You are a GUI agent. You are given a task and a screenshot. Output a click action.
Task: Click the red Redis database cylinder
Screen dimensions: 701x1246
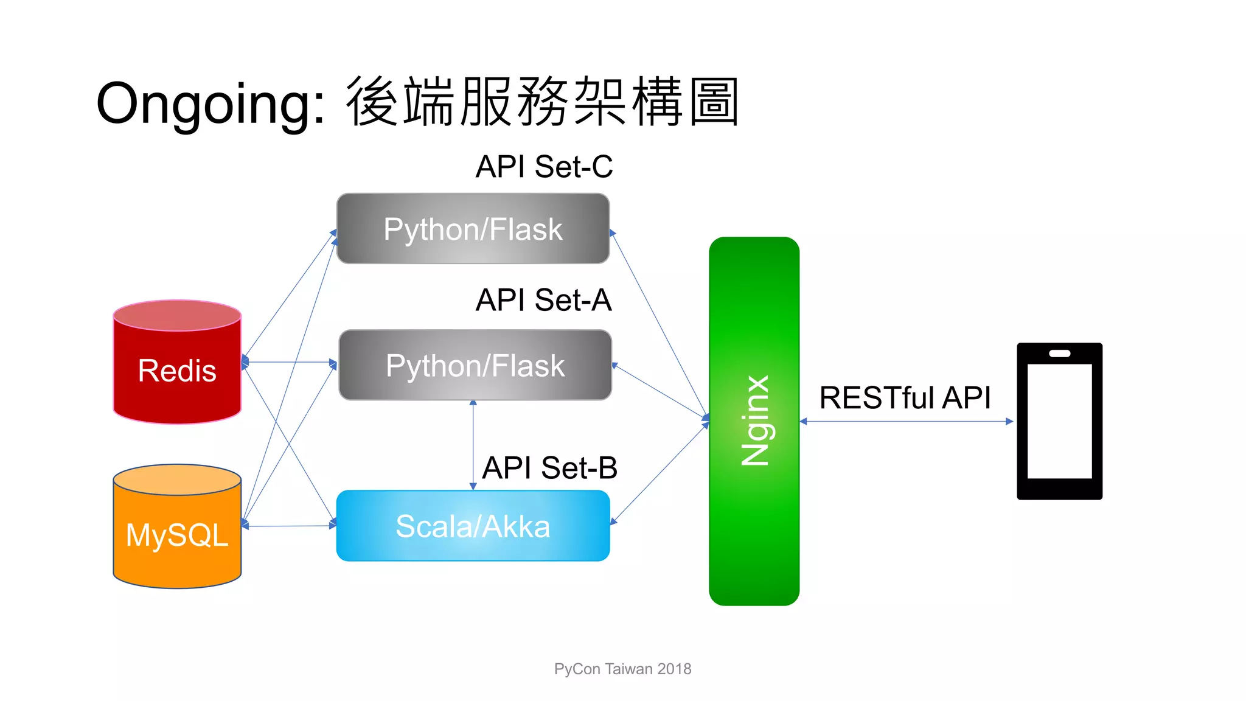coord(177,365)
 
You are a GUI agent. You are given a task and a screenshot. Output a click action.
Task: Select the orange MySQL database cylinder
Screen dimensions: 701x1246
coord(177,529)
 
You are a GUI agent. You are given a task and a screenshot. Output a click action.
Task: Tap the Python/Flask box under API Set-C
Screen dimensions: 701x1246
coord(473,229)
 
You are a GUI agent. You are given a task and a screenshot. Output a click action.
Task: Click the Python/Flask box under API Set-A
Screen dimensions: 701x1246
coord(475,365)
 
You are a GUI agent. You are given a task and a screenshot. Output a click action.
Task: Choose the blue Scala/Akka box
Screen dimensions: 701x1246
coord(473,526)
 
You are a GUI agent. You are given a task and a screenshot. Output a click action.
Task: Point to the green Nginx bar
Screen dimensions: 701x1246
coord(754,421)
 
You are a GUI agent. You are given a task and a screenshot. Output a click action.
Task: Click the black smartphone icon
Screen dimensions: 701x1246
coord(1059,421)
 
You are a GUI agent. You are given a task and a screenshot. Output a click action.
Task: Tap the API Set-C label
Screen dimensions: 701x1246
coord(544,167)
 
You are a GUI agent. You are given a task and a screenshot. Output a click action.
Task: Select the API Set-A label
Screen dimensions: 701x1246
coord(543,300)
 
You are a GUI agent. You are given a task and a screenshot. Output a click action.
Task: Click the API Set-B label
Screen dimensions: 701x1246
coord(549,468)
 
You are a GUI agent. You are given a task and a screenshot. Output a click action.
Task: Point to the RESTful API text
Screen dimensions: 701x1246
coord(905,397)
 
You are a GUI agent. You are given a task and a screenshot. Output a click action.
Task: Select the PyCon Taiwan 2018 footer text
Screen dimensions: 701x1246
coord(622,669)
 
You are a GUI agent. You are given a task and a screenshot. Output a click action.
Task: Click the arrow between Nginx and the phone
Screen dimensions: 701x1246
coord(907,421)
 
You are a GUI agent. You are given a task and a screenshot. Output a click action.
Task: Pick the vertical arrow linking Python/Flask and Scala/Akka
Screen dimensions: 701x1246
coord(473,445)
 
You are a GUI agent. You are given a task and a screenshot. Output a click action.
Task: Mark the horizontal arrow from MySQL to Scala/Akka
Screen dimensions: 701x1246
coord(290,526)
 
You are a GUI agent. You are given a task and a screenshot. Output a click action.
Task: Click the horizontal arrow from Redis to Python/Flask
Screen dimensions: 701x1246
coord(290,362)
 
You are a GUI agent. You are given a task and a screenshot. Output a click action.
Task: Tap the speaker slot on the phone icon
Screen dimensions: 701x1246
coord(1059,354)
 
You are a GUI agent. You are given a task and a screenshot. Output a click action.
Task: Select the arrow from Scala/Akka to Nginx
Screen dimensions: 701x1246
coord(660,473)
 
